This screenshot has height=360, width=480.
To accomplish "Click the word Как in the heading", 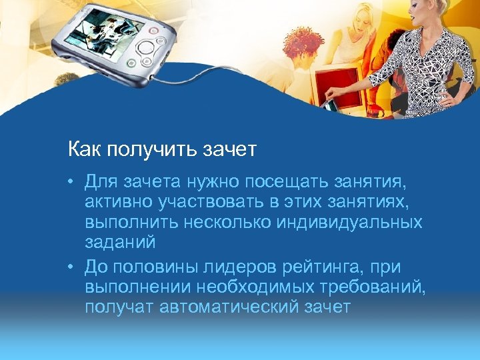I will pyautogui.click(x=82, y=149).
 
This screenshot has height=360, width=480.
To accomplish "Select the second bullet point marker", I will pyautogui.click(x=75, y=267).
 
